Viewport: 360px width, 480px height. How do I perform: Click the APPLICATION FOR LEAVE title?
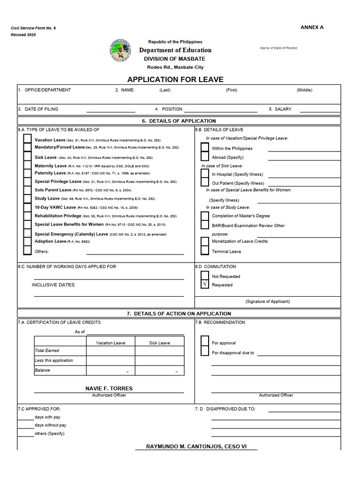(x=175, y=79)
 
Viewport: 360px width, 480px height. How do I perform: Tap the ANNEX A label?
(x=312, y=27)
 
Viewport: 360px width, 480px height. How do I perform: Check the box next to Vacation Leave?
(x=28, y=139)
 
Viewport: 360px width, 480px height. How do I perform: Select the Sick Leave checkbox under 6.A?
(x=28, y=157)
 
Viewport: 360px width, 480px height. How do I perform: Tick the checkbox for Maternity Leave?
(x=28, y=165)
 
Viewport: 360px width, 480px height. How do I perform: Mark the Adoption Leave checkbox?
(x=28, y=241)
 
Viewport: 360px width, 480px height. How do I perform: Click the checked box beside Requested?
(x=204, y=285)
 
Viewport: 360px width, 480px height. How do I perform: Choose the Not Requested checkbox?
(x=204, y=276)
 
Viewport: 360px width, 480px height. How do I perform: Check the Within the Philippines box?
(x=204, y=148)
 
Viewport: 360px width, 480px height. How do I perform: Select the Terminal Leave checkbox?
(x=204, y=251)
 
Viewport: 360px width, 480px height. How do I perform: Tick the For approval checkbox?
(x=204, y=342)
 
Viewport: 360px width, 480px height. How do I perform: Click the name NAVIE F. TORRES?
(x=109, y=388)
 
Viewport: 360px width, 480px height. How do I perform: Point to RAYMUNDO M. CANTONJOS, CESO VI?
(x=196, y=446)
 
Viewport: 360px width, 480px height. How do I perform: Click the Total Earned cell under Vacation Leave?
(x=111, y=351)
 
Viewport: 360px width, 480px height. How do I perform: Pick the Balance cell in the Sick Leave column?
(x=159, y=370)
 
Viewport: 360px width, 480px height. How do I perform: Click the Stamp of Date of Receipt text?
(x=278, y=48)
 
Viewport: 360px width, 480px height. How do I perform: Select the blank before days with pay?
(x=26, y=417)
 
